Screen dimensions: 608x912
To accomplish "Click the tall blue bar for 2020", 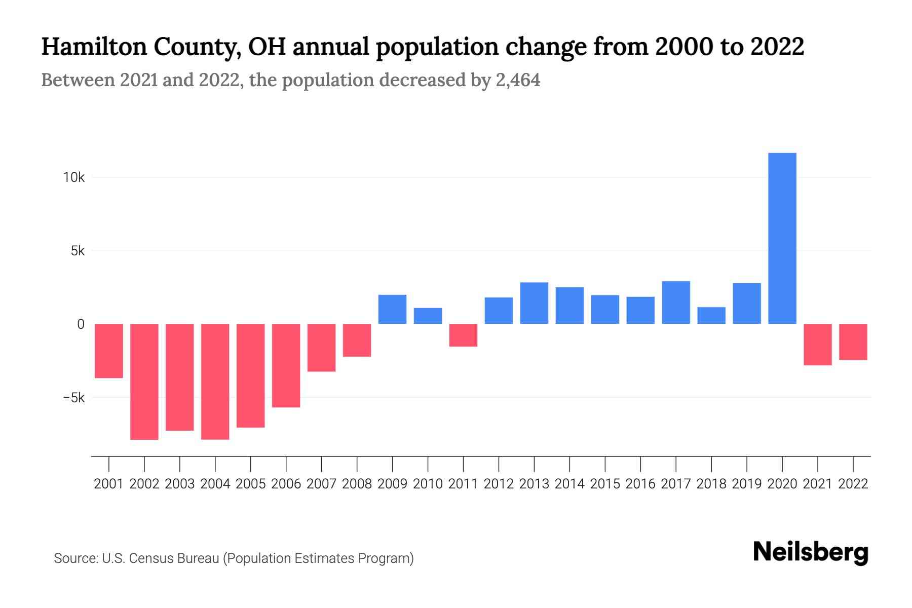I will pyautogui.click(x=782, y=238).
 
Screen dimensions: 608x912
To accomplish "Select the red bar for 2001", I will pyautogui.click(x=109, y=351).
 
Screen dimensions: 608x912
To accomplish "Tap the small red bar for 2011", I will pyautogui.click(x=463, y=335).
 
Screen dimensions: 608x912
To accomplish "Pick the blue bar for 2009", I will pyautogui.click(x=392, y=309).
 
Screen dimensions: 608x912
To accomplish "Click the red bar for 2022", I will pyautogui.click(x=853, y=342).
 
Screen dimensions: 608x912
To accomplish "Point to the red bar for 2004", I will pyautogui.click(x=215, y=382).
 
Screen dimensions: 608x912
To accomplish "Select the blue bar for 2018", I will pyautogui.click(x=711, y=315).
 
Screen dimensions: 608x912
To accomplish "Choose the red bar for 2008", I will pyautogui.click(x=357, y=340).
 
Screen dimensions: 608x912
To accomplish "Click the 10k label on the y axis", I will pyautogui.click(x=74, y=177).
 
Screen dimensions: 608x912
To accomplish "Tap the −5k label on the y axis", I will pyautogui.click(x=74, y=398).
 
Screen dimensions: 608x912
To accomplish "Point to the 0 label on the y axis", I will pyautogui.click(x=81, y=324).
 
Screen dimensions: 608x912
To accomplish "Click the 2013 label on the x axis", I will pyautogui.click(x=534, y=484).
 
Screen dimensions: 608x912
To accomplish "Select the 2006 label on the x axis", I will pyautogui.click(x=286, y=484).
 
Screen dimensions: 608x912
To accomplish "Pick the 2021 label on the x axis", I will pyautogui.click(x=817, y=484).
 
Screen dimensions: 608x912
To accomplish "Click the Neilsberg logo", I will pyautogui.click(x=810, y=552).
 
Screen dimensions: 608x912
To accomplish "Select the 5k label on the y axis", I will pyautogui.click(x=78, y=251).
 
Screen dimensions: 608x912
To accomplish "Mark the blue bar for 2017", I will pyautogui.click(x=675, y=302).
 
